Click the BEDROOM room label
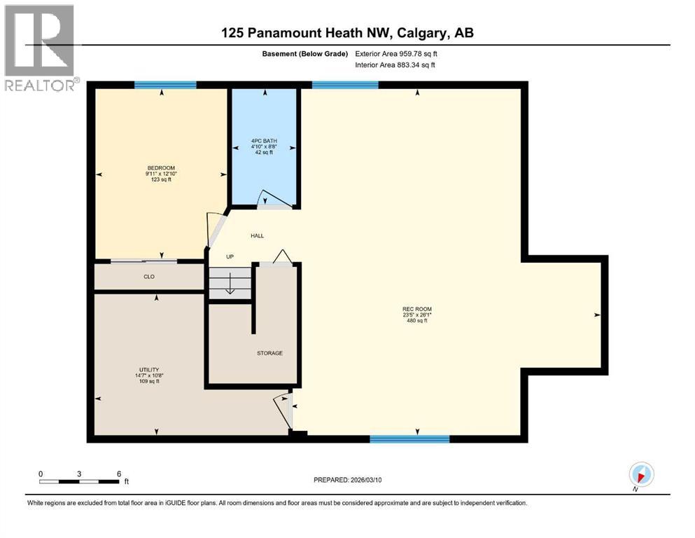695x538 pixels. pos(158,167)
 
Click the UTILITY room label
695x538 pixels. pos(148,369)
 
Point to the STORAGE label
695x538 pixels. pos(269,353)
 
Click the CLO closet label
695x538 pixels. pos(149,277)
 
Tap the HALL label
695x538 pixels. pos(258,236)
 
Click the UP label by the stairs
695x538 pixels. pos(230,256)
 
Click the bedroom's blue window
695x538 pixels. pos(165,85)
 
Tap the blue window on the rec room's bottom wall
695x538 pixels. pos(409,439)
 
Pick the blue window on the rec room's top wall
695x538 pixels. pos(345,85)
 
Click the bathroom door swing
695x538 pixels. pos(269,200)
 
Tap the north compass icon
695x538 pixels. pos(641,474)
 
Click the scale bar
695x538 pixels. pos(79,481)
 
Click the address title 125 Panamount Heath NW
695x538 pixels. pos(347,32)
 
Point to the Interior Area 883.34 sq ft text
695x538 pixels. pos(395,65)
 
